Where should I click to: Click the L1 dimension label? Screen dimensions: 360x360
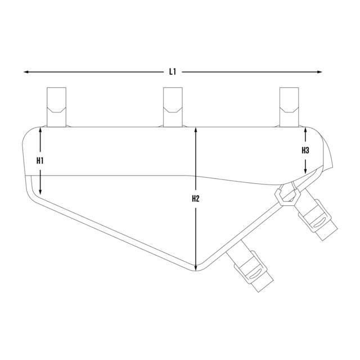pos(173,72)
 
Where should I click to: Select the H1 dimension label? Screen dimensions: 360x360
pos(40,161)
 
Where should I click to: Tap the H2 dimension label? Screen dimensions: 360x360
pos(196,199)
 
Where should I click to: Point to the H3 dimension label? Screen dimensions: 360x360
pos(305,150)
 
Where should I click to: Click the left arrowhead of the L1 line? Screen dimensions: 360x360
pos(26,72)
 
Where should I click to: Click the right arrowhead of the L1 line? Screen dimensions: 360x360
pos(319,72)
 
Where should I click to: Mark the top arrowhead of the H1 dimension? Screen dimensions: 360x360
pos(40,130)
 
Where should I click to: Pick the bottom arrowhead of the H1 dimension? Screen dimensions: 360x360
pos(40,192)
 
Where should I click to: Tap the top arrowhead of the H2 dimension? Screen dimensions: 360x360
pos(196,130)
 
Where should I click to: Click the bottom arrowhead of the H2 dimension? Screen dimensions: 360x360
pos(196,268)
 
